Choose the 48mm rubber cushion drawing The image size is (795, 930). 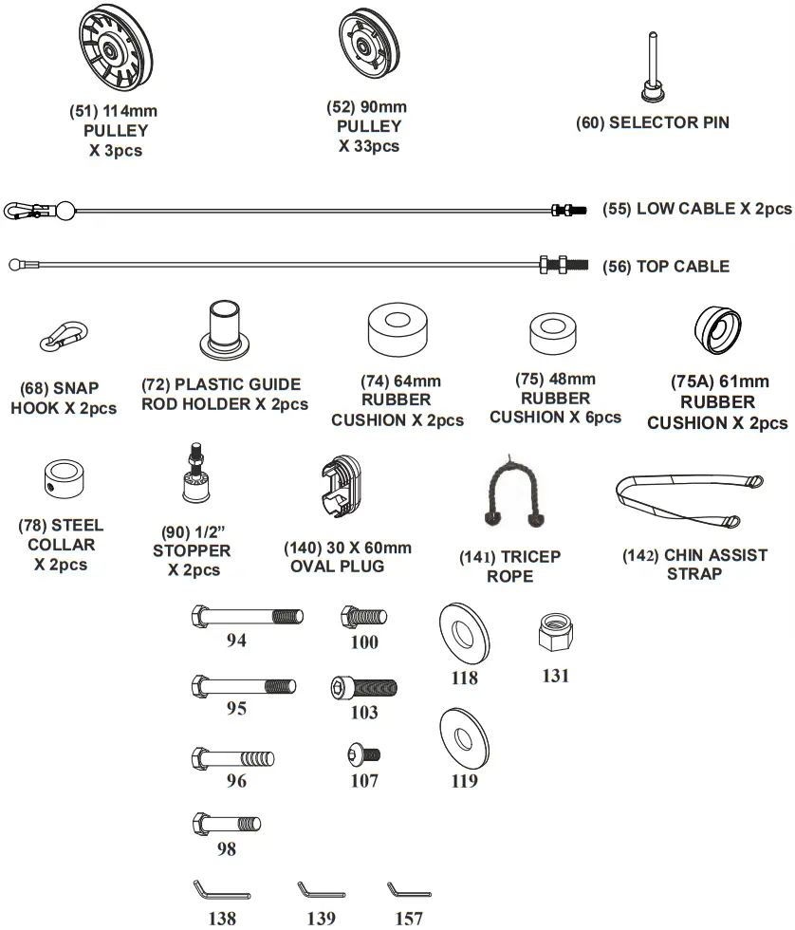pos(555,333)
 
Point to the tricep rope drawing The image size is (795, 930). pos(513,490)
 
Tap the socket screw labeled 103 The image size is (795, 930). pos(363,688)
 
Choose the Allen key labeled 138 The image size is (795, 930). pos(220,891)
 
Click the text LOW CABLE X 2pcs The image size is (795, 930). pos(697,209)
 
